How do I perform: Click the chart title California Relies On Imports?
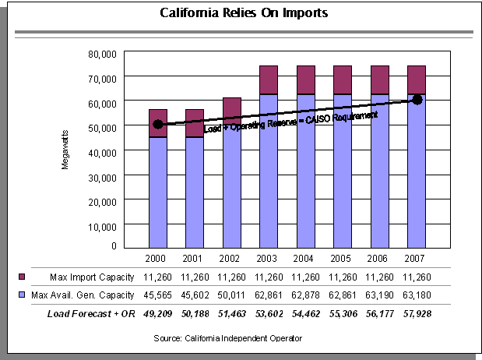244,13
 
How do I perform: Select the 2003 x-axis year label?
269,259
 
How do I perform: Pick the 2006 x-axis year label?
380,259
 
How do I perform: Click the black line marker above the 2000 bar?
158,124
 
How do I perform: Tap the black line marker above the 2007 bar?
417,100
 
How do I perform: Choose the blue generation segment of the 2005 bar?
343,171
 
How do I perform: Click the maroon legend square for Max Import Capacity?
23,277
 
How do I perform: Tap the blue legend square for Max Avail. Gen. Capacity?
23,295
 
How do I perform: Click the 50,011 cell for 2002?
232,295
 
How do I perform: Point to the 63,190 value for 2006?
380,295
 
